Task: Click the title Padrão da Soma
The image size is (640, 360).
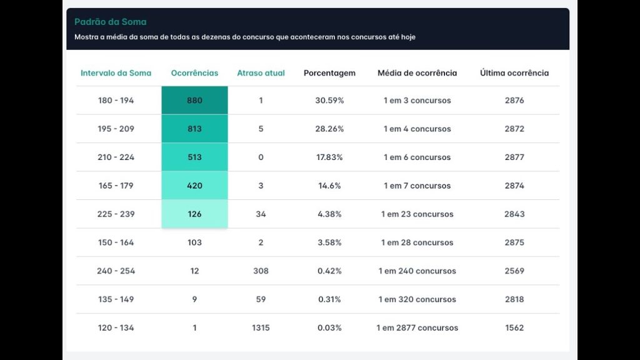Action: [x=110, y=22]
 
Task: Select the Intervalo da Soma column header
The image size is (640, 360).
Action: [x=116, y=73]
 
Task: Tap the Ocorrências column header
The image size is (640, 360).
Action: [x=194, y=73]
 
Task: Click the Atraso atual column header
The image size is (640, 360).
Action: [x=261, y=73]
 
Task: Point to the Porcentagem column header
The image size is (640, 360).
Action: [x=329, y=73]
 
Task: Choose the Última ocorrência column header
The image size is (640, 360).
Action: [x=514, y=73]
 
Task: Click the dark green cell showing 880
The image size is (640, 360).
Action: [x=194, y=101]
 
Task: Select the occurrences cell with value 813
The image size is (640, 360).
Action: [x=194, y=129]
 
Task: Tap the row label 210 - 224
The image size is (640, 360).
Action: [x=116, y=157]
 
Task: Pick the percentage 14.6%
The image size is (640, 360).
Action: [x=329, y=186]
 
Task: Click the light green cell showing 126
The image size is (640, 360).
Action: [x=194, y=214]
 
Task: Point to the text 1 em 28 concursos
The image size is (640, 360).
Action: [x=417, y=242]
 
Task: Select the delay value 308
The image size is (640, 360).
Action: [x=261, y=271]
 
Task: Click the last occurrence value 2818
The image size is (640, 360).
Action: [x=514, y=299]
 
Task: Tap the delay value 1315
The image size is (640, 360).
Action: [x=261, y=328]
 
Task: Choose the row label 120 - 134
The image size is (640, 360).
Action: [x=116, y=328]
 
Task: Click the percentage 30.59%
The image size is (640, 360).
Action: [x=329, y=101]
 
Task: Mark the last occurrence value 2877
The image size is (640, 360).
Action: [x=514, y=157]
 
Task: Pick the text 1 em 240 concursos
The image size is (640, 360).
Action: [x=417, y=271]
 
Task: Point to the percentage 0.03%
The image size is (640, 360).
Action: [x=329, y=328]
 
